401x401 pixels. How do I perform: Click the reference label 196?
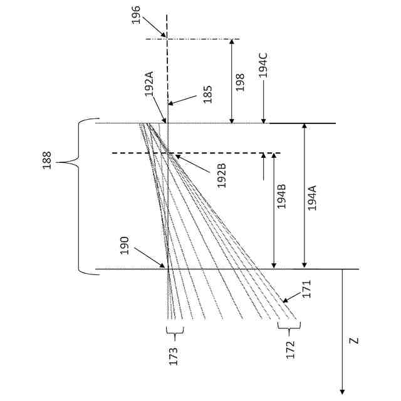[x=137, y=14]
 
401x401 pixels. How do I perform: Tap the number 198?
[x=241, y=81]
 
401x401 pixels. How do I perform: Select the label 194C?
[x=264, y=65]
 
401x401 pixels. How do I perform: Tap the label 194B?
[x=282, y=195]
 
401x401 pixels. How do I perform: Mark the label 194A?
[x=312, y=196]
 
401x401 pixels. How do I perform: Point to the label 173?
[x=174, y=356]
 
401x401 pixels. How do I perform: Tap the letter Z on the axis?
[x=354, y=341]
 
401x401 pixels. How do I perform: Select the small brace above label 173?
[x=174, y=330]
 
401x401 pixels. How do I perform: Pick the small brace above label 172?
[x=289, y=327]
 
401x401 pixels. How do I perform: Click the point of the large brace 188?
[x=58, y=163]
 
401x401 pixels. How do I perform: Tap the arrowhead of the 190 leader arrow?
[x=166, y=268]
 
